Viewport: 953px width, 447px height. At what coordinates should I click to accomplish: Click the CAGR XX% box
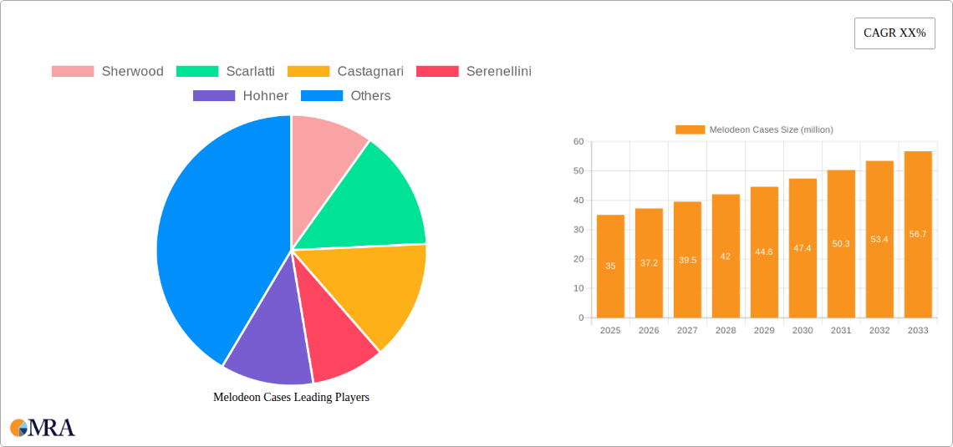coord(894,33)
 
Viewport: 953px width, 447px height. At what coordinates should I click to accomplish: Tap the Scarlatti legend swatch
coord(197,71)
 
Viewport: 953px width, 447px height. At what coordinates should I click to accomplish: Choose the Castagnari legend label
coord(370,71)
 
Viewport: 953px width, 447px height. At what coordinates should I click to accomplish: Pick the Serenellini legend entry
coord(498,71)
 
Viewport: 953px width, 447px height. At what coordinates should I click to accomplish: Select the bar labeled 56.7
coord(918,234)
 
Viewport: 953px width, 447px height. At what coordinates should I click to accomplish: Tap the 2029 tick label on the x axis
coord(764,331)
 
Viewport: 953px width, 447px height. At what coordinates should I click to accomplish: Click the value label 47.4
coord(803,248)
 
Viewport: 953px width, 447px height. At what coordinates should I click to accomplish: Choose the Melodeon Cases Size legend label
coord(771,130)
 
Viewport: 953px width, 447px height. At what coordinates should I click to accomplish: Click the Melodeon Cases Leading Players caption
coord(291,398)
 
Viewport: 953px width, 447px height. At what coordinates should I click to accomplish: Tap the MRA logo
coord(43,428)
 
